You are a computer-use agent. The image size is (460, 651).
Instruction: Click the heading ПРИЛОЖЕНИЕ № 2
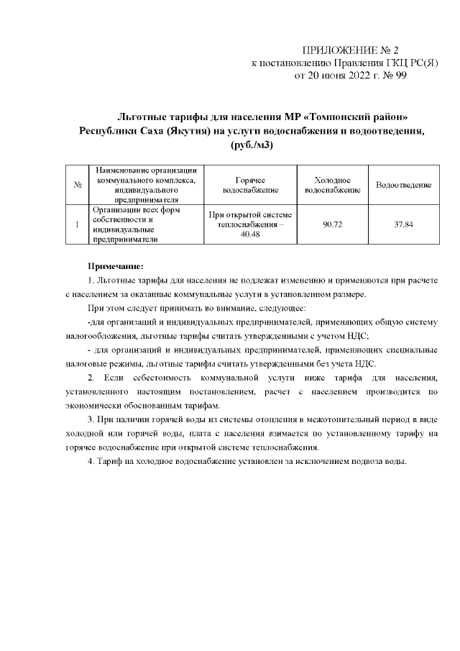coord(350,50)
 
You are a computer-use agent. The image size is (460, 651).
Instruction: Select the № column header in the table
coord(77,186)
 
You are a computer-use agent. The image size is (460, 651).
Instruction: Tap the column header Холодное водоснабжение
coord(332,186)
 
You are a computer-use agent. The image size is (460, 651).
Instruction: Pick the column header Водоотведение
coord(403,186)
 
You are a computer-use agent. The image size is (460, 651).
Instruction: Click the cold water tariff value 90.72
coord(332,225)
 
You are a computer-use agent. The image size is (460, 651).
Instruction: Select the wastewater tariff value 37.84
coord(403,225)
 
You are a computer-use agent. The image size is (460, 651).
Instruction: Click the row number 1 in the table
coord(77,225)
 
